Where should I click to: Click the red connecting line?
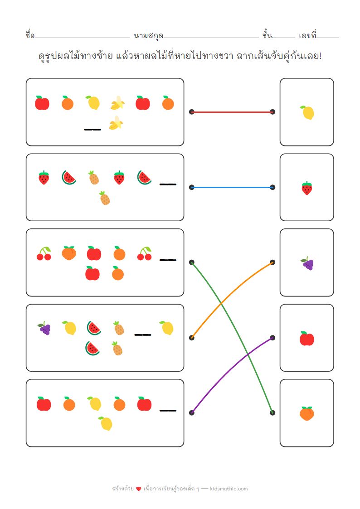click(232, 111)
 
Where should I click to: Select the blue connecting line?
click(232, 187)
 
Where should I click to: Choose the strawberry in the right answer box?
click(307, 188)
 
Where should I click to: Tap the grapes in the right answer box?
click(307, 263)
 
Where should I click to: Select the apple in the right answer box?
click(307, 339)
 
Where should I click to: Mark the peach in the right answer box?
click(307, 413)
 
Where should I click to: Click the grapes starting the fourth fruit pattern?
click(44, 328)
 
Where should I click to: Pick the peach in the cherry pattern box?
click(68, 253)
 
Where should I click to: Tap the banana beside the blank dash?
click(116, 123)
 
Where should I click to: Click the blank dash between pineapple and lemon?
click(142, 335)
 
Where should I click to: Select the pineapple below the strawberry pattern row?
click(105, 198)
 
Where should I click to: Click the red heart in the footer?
click(139, 489)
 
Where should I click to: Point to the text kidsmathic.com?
click(229, 489)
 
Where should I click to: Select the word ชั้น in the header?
click(267, 35)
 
